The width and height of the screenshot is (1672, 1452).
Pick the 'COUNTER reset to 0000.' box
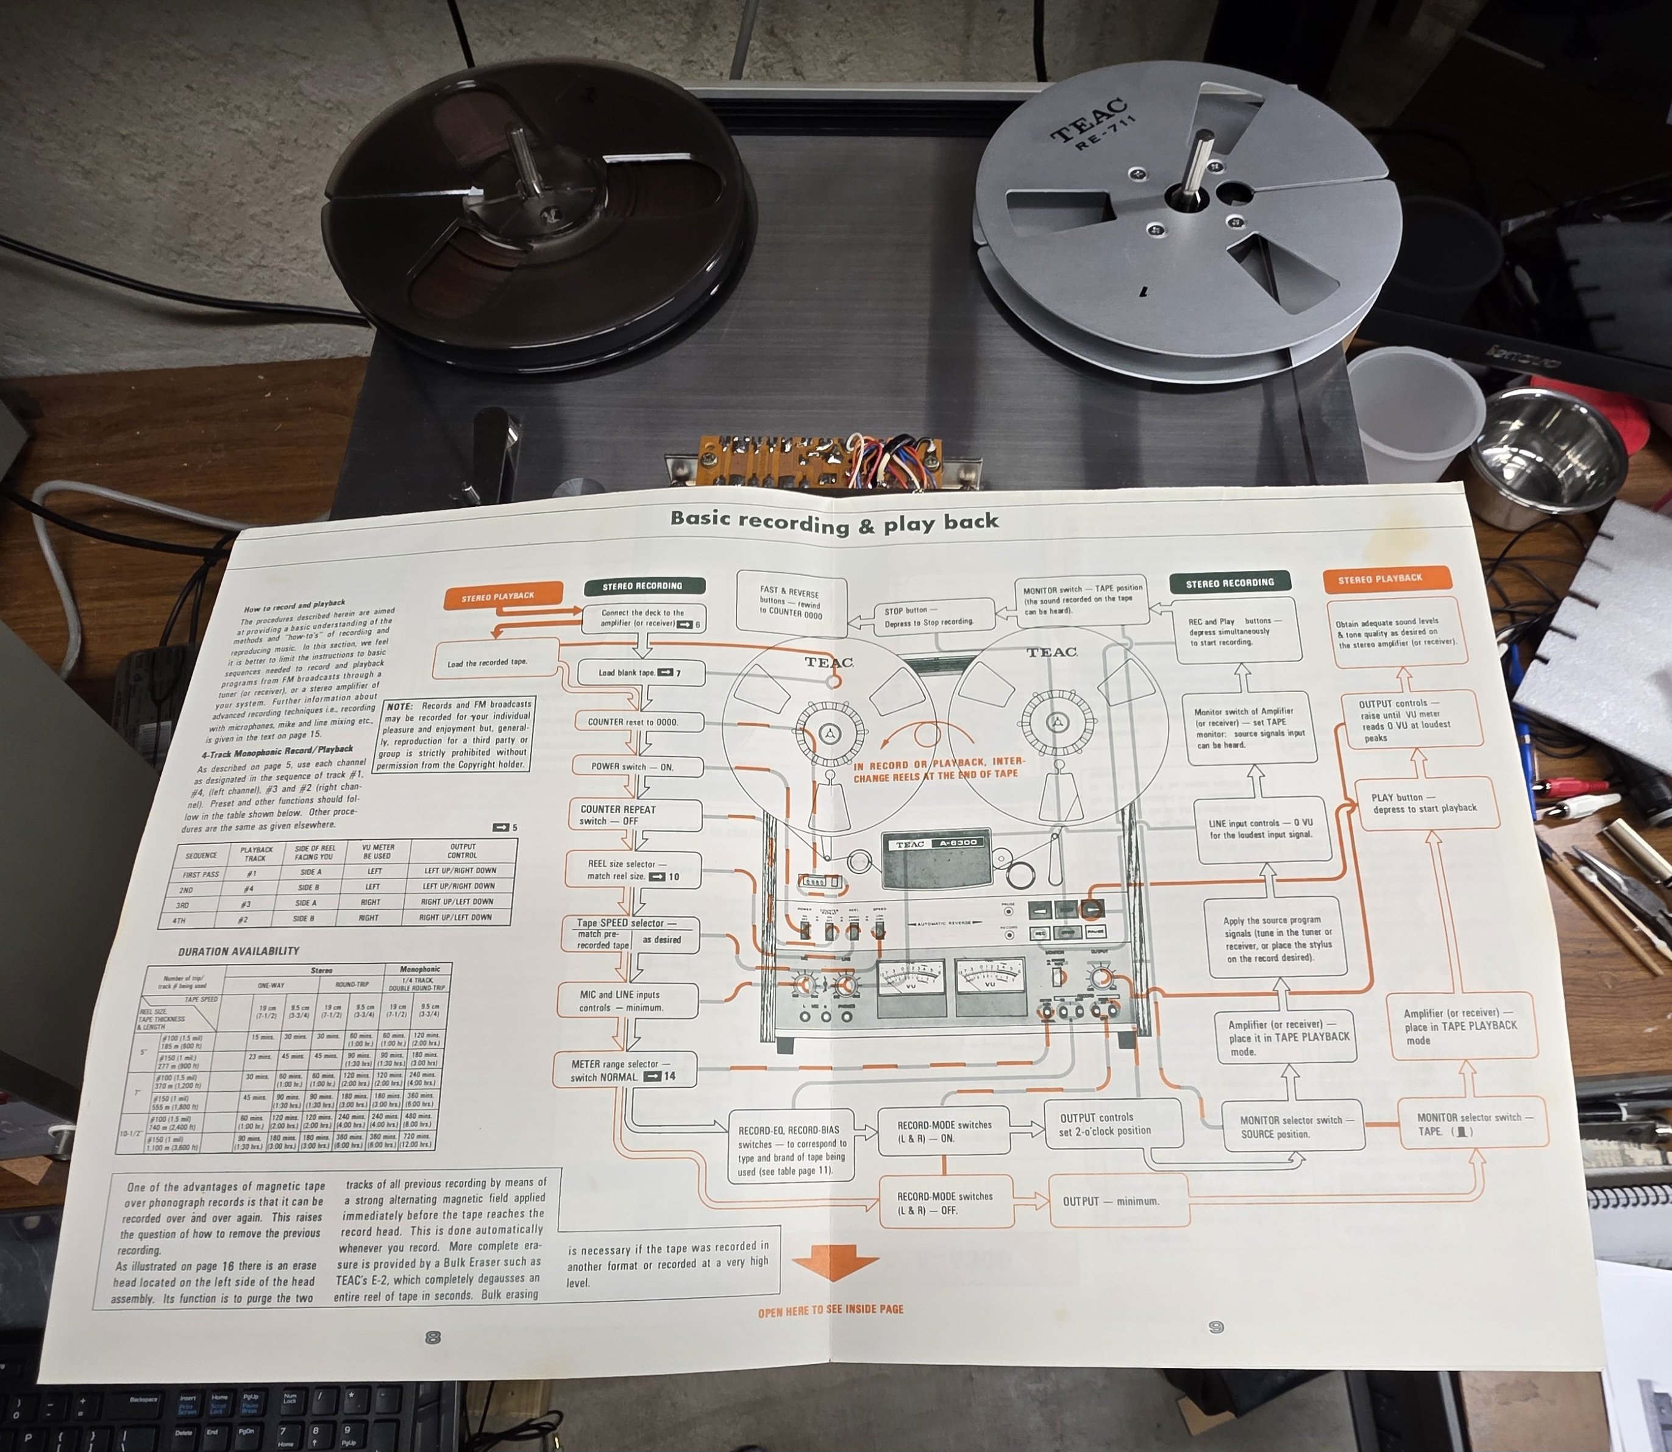click(634, 722)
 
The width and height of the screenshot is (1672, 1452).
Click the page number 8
click(433, 1337)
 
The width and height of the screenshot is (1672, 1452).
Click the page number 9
click(1215, 1327)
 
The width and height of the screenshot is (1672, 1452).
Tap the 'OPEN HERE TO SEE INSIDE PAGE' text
click(830, 1310)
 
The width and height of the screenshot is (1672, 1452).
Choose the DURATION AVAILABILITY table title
click(238, 951)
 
